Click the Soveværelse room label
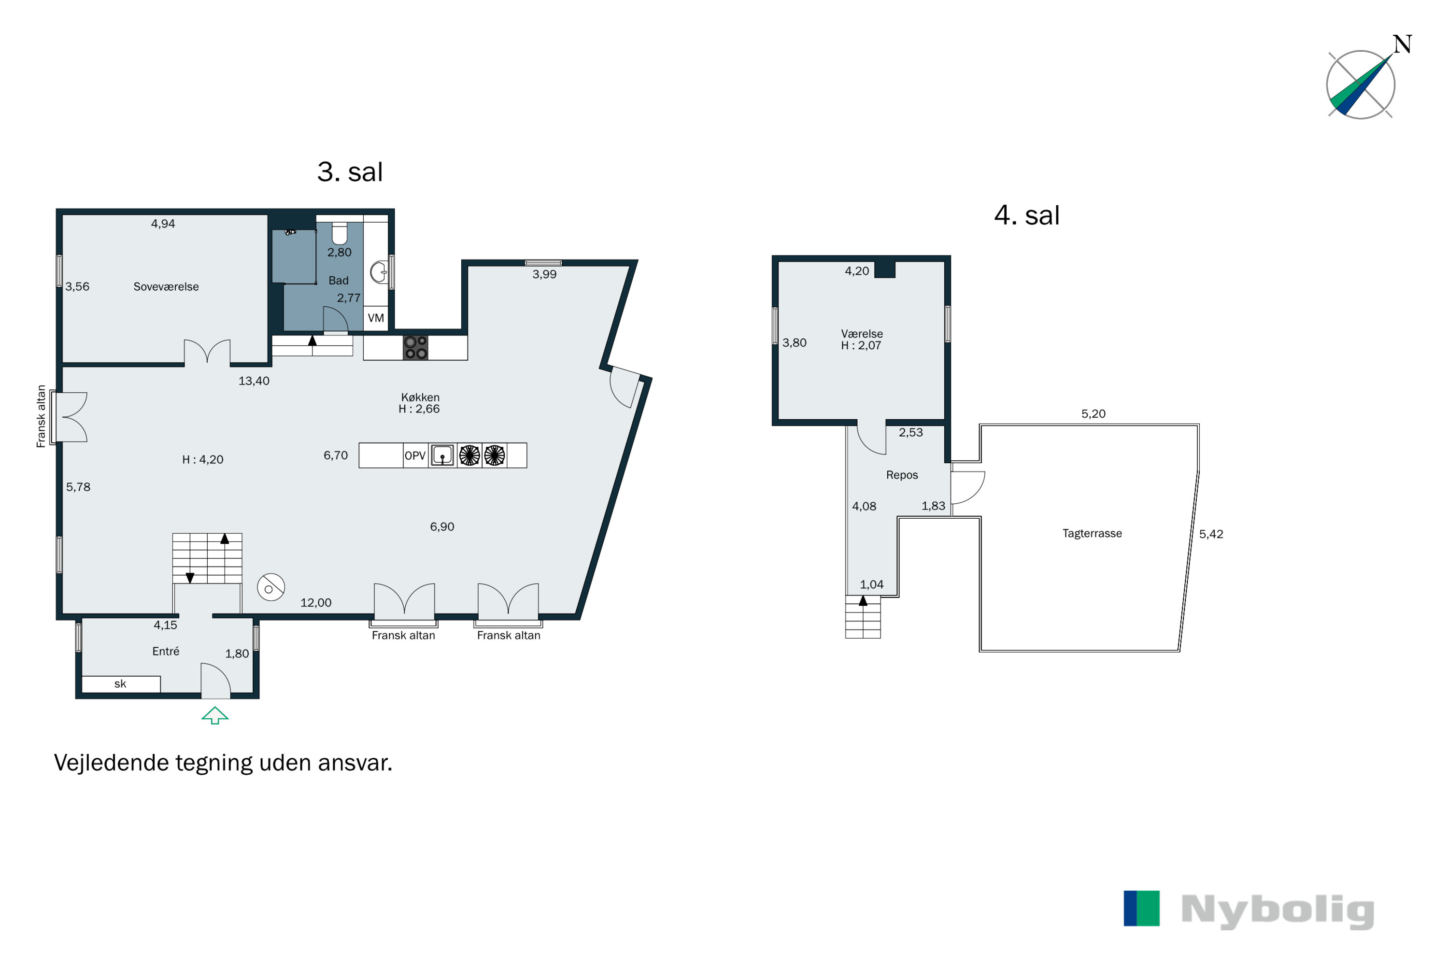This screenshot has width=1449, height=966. [x=166, y=286]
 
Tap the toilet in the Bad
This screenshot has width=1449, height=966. [x=340, y=233]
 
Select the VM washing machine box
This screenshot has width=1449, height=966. [x=376, y=318]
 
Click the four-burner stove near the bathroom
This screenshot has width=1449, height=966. [x=415, y=347]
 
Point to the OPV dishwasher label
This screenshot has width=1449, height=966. [x=415, y=455]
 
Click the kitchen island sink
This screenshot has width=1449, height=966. [x=442, y=455]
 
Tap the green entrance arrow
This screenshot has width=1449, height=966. [x=215, y=715]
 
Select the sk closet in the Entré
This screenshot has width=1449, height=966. [x=121, y=684]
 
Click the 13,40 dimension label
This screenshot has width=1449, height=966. [x=254, y=381]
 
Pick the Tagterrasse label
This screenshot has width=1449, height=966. [x=1092, y=533]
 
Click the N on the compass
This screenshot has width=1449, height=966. [x=1403, y=44]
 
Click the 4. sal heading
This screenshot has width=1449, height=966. [x=1027, y=215]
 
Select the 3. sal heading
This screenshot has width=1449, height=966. [x=350, y=172]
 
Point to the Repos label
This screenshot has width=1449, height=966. [x=902, y=475]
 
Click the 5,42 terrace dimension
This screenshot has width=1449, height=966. [x=1211, y=534]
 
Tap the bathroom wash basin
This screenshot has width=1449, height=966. [x=378, y=271]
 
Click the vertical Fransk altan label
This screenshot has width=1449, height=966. [x=41, y=416]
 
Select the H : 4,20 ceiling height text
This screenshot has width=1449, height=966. [x=203, y=460]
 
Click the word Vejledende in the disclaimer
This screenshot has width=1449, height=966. [x=112, y=763]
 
